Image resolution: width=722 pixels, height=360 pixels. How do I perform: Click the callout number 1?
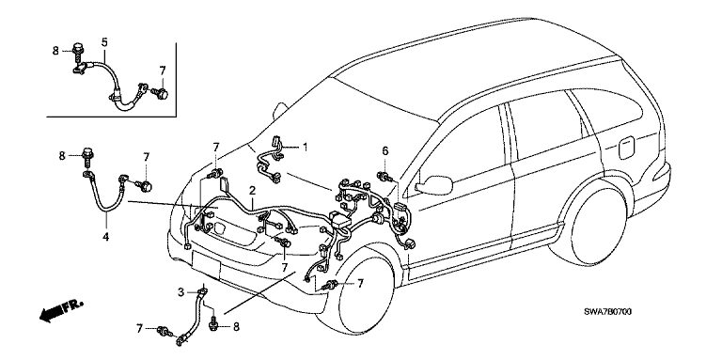pyautogui.click(x=305, y=147)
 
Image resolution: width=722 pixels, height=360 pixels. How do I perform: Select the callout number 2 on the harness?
pyautogui.click(x=252, y=190)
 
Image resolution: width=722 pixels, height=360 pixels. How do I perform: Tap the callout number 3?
pyautogui.click(x=180, y=292)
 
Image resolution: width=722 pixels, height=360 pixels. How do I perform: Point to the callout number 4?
pyautogui.click(x=106, y=237)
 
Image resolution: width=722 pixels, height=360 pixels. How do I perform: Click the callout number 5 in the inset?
pyautogui.click(x=104, y=43)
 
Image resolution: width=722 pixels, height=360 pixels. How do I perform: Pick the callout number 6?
pyautogui.click(x=385, y=150)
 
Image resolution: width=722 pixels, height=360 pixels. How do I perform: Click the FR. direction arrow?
pyautogui.click(x=61, y=311)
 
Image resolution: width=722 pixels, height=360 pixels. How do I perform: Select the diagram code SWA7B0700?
pyautogui.click(x=608, y=312)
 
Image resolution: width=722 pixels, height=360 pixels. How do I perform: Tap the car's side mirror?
pyautogui.click(x=434, y=184)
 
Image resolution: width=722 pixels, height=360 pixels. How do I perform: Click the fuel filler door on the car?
pyautogui.click(x=626, y=148)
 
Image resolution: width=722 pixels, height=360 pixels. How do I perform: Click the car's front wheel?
pyautogui.click(x=366, y=295)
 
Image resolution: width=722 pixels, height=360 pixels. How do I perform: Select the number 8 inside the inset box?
pyautogui.click(x=55, y=51)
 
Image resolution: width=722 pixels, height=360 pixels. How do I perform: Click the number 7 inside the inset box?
pyautogui.click(x=162, y=70)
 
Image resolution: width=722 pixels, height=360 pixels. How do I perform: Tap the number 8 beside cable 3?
pyautogui.click(x=236, y=327)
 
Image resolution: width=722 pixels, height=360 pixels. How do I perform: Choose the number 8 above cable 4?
pyautogui.click(x=62, y=156)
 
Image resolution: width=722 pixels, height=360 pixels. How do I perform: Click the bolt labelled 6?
pyautogui.click(x=385, y=177)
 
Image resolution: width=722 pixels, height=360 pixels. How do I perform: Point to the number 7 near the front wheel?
pyautogui.click(x=361, y=284)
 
